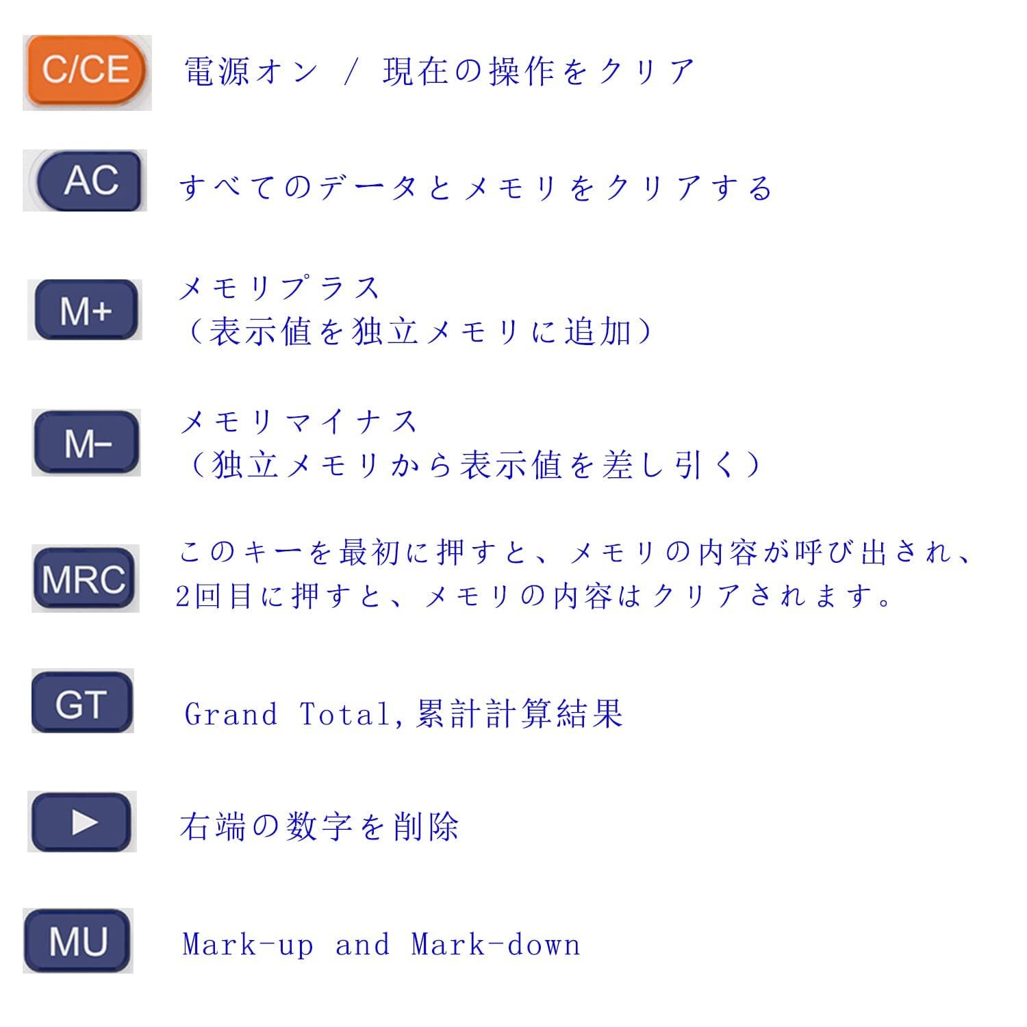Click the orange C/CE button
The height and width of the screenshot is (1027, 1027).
(86, 71)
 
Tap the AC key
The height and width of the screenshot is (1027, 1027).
(90, 181)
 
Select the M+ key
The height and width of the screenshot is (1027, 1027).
(86, 309)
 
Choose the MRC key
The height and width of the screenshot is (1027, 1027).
(84, 579)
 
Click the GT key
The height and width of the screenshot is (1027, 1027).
(81, 703)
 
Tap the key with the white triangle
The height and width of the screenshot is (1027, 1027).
(81, 822)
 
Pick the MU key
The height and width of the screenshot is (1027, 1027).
(78, 941)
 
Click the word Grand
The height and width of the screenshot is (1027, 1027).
(231, 714)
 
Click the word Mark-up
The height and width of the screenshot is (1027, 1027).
(248, 945)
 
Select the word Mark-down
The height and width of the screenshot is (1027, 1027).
(496, 945)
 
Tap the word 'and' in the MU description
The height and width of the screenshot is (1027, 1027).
(362, 945)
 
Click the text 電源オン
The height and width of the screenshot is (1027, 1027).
(251, 71)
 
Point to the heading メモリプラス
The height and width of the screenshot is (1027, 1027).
(279, 288)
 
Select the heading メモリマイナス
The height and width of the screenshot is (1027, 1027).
(299, 421)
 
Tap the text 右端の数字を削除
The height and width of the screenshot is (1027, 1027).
(319, 826)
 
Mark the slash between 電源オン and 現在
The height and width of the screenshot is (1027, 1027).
(351, 72)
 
